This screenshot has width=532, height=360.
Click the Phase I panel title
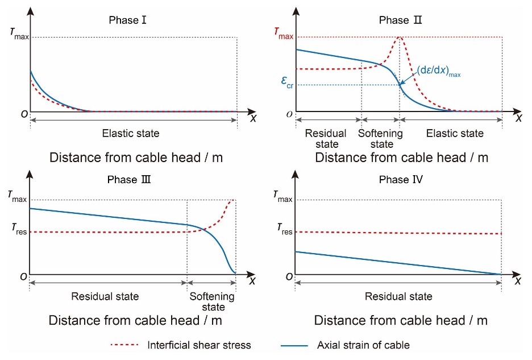123,20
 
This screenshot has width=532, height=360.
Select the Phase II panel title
394,20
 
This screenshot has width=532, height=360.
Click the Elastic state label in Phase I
131,134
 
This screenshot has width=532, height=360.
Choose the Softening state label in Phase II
380,139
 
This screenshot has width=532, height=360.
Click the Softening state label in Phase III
211,301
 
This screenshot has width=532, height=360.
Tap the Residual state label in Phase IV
398,296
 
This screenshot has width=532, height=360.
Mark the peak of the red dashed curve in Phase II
399,38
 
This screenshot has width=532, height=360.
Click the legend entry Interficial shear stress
199,345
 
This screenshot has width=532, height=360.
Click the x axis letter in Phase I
252,118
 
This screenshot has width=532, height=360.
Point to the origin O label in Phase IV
289,276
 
